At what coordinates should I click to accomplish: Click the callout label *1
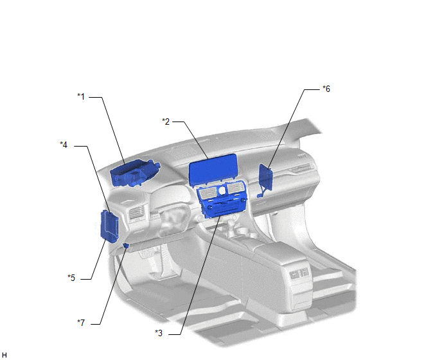81,96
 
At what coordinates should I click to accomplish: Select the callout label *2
166,122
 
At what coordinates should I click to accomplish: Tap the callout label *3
159,333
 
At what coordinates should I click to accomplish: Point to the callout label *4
64,145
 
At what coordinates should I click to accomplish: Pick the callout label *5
71,278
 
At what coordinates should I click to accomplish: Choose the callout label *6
326,89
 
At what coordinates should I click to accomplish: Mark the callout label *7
81,323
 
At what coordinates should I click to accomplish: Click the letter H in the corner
4,355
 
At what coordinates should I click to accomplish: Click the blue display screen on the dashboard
213,169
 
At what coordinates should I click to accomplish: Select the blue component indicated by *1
135,173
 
